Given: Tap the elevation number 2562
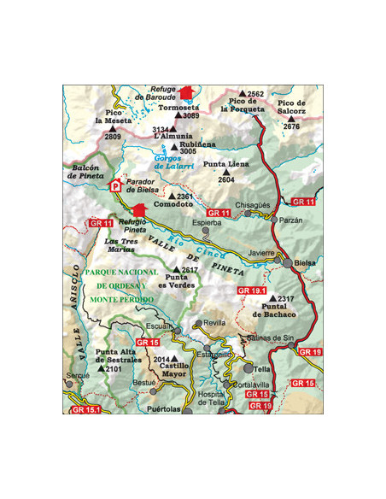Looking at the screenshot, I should [x=256, y=94].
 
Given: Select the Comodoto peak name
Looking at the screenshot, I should [x=173, y=205].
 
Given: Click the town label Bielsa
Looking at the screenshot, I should [x=303, y=262].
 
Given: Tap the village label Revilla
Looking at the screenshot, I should [x=215, y=324].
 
